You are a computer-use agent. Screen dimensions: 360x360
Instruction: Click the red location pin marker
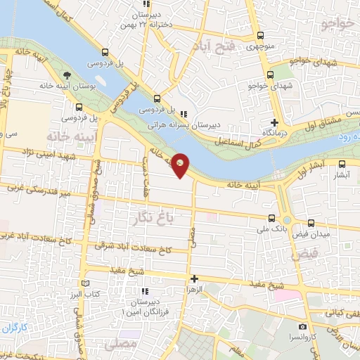click(181, 164)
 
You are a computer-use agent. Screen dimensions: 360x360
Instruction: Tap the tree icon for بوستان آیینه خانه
click(66, 75)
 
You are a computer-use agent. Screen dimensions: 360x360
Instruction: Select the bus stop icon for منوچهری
click(260, 36)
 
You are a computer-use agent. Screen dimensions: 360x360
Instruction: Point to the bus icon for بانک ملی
click(272, 219)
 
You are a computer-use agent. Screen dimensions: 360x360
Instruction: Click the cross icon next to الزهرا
click(195, 278)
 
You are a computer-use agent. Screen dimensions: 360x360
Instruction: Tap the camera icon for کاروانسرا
click(302, 326)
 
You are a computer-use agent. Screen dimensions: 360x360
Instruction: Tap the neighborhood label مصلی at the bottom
click(117, 345)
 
